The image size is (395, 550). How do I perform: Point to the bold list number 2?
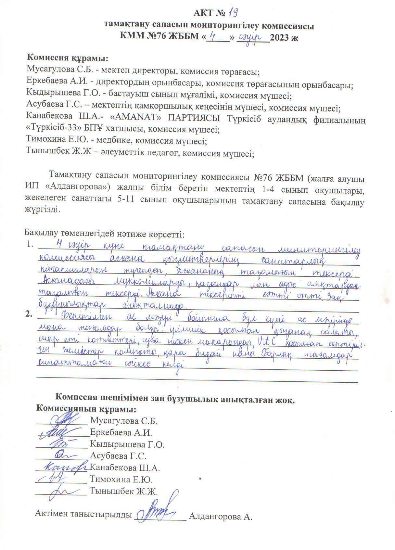coord(29,314)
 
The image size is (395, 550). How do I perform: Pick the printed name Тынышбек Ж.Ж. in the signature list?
coord(124,492)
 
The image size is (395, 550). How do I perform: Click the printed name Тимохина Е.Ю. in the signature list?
coord(121,480)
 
